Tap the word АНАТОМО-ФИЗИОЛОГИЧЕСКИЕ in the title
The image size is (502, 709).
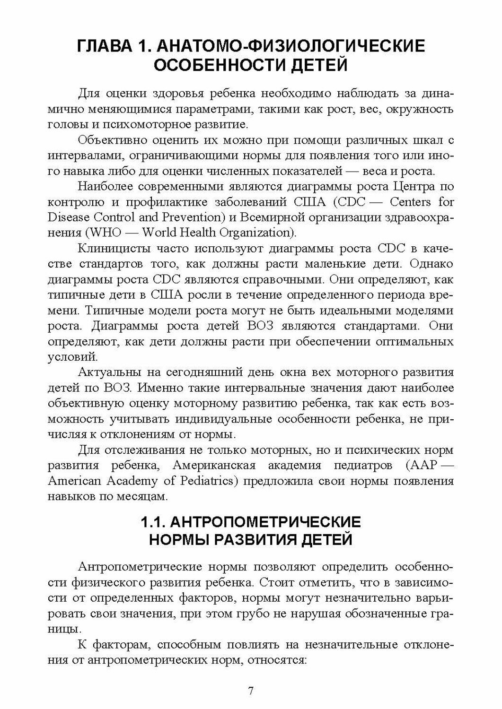290,46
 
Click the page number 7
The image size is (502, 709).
251,691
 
